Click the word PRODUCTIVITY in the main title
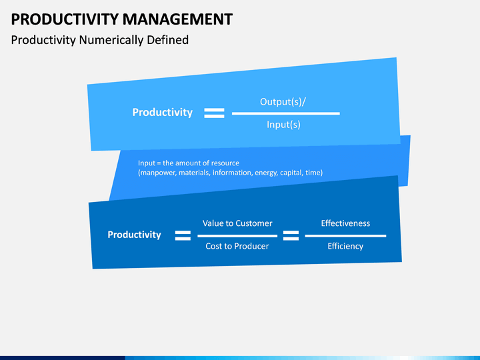(x=65, y=19)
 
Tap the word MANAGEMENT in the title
(x=178, y=19)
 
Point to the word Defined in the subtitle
(x=168, y=40)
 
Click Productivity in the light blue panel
(x=162, y=113)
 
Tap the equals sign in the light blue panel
(x=214, y=113)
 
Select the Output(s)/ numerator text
(x=283, y=101)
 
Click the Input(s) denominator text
(x=283, y=125)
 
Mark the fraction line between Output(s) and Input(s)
(x=286, y=113)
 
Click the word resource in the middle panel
(x=225, y=163)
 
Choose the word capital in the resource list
(x=291, y=173)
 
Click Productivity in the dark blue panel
(x=134, y=235)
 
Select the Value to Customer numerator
(x=237, y=223)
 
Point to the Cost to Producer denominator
(x=237, y=246)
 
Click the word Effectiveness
(x=345, y=223)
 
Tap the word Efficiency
(x=345, y=247)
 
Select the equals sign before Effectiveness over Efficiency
(x=291, y=236)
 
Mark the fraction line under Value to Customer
(x=237, y=236)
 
